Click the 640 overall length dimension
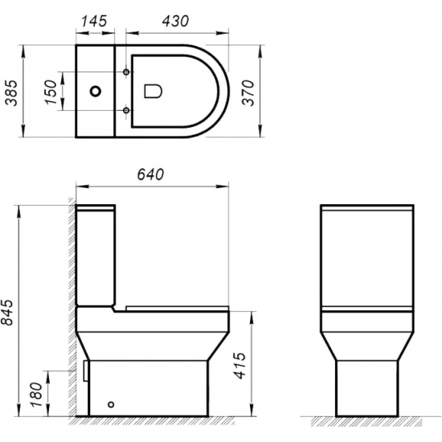tap(151, 175)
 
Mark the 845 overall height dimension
tap(10, 309)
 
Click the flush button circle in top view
tap(97, 91)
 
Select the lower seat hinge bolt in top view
tap(127, 108)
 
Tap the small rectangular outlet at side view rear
tap(84, 369)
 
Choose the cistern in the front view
tap(367, 257)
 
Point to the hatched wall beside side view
tap(69, 321)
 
